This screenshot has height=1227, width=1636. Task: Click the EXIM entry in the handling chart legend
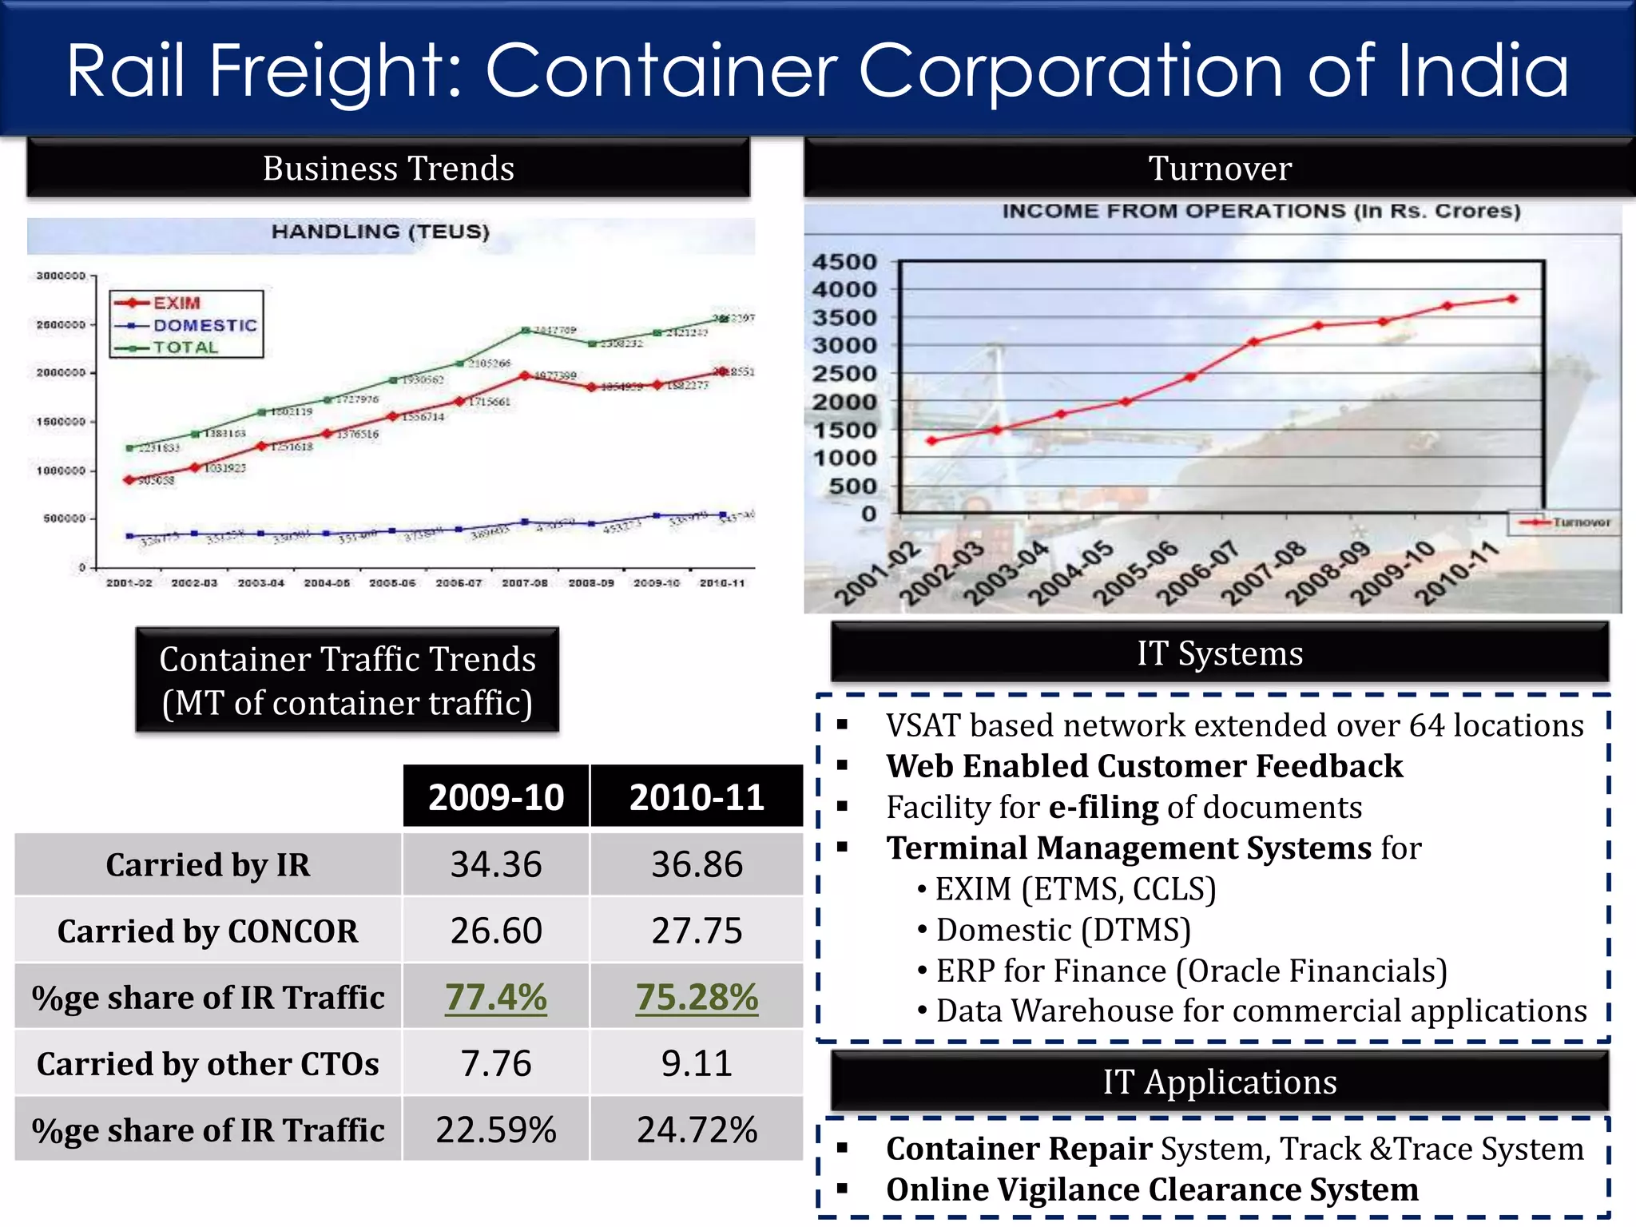[x=177, y=303]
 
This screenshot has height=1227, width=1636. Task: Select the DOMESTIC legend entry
[x=204, y=325]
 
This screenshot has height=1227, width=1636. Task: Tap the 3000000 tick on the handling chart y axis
[x=61, y=276]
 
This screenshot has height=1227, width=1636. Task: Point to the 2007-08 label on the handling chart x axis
[x=525, y=583]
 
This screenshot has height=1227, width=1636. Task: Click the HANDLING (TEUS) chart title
[x=380, y=232]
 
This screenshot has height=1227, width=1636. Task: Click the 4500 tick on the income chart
[x=844, y=262]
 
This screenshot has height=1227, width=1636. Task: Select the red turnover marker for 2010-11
[x=1511, y=299]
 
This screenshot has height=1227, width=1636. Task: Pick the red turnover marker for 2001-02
[x=931, y=441]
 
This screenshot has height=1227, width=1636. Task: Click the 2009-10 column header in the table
[x=496, y=797]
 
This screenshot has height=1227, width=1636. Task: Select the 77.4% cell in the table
[x=496, y=997]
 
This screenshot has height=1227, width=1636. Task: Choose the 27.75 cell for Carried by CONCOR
[x=697, y=931]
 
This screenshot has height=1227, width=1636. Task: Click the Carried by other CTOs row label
[x=208, y=1064]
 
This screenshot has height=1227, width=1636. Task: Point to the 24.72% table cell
[x=697, y=1130]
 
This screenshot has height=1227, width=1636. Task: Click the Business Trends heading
[x=388, y=169]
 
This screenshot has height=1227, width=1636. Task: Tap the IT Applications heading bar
[x=1220, y=1082]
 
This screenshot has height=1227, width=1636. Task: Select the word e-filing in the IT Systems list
[x=1103, y=808]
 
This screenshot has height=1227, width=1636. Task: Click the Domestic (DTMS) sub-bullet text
[x=1063, y=930]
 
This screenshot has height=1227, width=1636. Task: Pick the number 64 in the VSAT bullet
[x=1427, y=725]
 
